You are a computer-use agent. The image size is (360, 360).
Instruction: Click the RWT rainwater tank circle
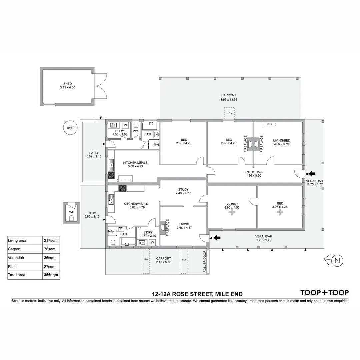click(70, 127)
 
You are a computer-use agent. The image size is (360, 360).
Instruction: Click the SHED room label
click(68, 84)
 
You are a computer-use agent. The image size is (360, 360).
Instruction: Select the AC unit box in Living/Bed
click(269, 124)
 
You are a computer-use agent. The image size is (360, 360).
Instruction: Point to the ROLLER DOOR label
click(205, 262)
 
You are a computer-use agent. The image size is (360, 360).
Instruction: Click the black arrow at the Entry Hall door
click(311, 173)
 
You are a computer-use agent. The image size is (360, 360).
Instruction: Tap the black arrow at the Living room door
click(217, 238)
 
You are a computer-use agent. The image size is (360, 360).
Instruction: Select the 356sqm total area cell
click(51, 275)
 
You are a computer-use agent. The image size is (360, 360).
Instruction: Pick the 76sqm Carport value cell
click(51, 249)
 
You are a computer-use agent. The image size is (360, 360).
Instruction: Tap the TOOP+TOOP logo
click(324, 293)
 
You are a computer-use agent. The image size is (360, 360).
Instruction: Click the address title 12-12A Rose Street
click(197, 294)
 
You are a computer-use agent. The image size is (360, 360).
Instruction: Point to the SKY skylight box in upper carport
click(229, 113)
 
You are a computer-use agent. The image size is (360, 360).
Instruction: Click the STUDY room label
click(183, 190)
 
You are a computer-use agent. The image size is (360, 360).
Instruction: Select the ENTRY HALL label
click(254, 172)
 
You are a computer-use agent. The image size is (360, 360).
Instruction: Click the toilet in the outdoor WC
click(71, 218)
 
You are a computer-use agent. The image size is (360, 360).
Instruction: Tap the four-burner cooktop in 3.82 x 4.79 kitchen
click(123, 188)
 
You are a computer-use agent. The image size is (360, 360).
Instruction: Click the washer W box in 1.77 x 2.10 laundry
click(152, 242)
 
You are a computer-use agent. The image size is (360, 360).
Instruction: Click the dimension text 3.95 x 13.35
click(229, 100)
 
